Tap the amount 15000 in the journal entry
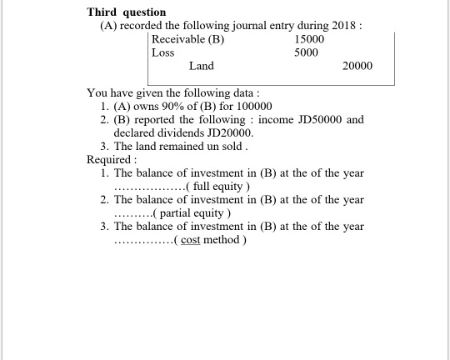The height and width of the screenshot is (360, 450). [x=309, y=39]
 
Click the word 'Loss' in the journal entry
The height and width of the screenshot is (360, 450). [x=163, y=52]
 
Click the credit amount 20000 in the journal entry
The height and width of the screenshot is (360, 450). [x=357, y=66]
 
